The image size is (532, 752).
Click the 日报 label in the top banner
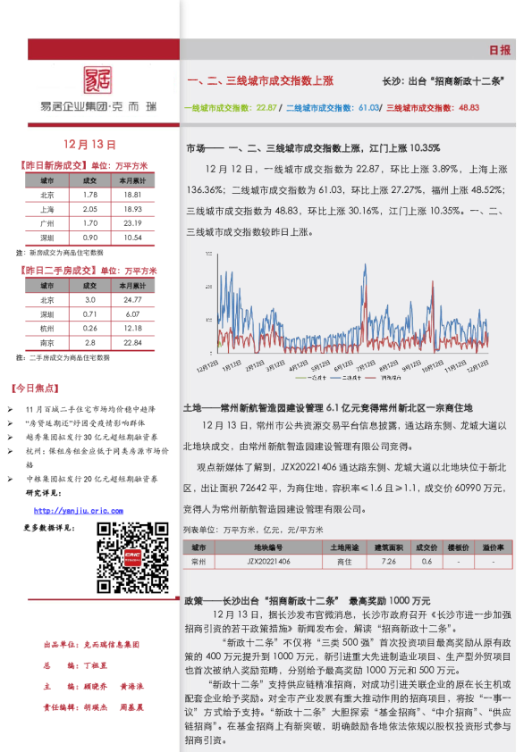500,50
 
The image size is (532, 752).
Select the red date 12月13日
91,144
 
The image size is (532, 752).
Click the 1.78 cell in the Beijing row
89,195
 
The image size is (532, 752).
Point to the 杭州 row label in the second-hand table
47,329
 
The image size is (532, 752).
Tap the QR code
132,554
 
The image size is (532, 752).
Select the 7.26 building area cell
389,562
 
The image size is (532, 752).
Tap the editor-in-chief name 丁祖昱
97,666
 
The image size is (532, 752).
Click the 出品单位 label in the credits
60,644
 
